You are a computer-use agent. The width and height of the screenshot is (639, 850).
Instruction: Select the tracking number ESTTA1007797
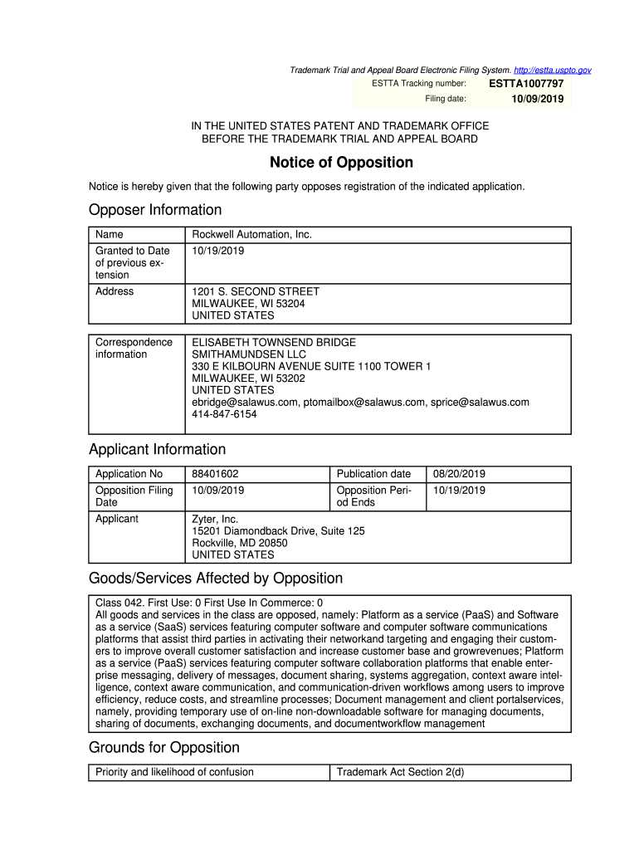point(526,84)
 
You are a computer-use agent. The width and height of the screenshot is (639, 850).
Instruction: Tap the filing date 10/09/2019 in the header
point(537,100)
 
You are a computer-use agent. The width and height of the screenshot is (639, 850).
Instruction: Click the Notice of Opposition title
point(341,163)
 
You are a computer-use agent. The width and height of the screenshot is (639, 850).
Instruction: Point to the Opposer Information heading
point(155,210)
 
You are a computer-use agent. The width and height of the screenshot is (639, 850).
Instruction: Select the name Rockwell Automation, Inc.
point(251,235)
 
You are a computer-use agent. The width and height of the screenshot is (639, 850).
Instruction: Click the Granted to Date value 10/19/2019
point(218,251)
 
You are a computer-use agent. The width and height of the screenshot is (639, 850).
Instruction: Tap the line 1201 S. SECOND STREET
point(256,291)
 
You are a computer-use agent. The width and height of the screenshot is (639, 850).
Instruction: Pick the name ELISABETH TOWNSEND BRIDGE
point(274,342)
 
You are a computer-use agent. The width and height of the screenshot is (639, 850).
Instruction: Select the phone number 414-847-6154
point(224,414)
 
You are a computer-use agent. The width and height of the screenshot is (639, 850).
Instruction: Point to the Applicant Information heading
point(157,450)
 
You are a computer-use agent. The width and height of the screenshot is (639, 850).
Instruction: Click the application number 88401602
point(215,474)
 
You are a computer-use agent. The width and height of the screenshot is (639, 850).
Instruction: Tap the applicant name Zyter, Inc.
point(215,519)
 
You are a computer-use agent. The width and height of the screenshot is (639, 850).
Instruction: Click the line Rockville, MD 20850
point(240,543)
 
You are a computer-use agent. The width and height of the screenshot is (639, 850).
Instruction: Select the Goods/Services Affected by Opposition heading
point(216,578)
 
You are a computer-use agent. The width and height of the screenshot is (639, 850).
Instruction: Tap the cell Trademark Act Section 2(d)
point(399,772)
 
